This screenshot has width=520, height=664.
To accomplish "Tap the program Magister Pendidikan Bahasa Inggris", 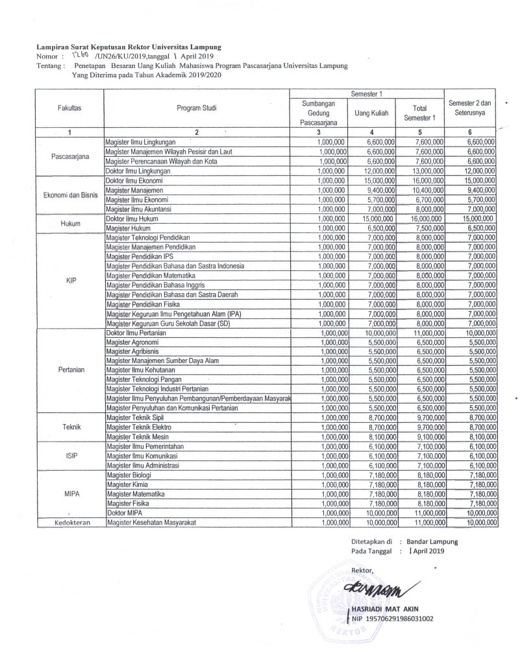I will pos(156,283).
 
